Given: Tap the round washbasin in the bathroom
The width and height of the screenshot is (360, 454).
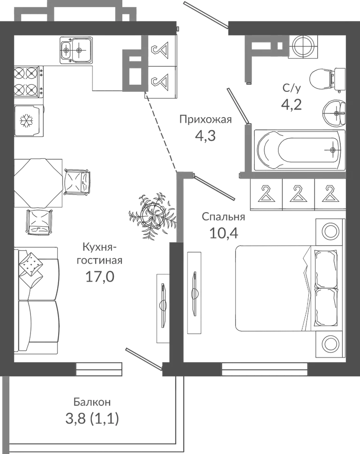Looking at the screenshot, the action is point(334,113).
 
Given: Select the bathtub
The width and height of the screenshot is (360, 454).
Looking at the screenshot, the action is point(300,150).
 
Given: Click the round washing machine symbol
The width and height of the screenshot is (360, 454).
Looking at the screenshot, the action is point(303,46).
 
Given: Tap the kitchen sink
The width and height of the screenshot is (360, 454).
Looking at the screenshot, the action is point(76,50).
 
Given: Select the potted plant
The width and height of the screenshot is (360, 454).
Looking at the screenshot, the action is point(152,216).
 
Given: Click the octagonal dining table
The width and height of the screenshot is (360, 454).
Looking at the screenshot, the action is point(38,183).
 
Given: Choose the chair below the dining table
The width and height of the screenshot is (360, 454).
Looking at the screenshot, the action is point(39,222).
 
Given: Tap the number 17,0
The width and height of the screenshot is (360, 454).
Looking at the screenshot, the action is point(100,276).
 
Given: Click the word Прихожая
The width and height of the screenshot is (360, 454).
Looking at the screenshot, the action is point(205,119).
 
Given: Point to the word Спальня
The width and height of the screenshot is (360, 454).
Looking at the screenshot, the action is point(223,216).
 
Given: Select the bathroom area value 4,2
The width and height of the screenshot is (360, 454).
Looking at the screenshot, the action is point(292,104).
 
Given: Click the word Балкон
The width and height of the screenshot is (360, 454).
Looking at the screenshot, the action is point(92,402).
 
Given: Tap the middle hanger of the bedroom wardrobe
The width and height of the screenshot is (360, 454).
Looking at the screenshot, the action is point(298,194).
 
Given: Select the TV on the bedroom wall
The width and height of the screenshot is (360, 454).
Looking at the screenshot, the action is point(194,292).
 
